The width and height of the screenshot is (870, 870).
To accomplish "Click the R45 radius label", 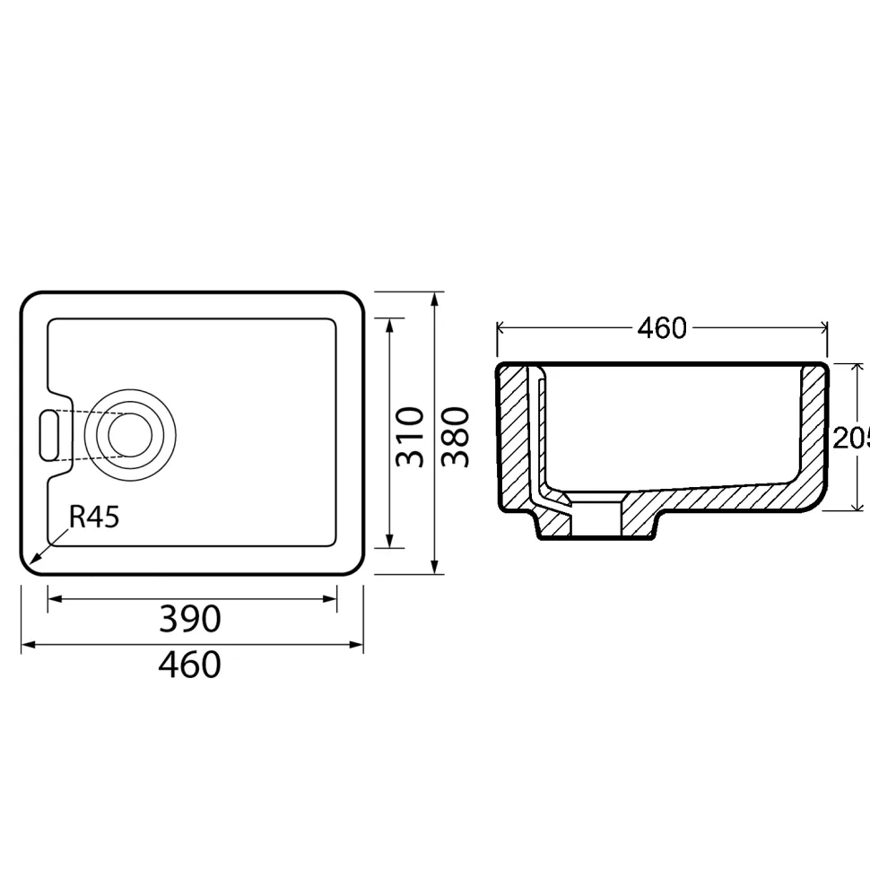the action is click(x=94, y=517).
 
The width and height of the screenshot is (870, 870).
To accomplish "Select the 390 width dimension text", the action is click(x=190, y=619).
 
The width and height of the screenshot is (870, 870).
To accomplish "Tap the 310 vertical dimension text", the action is click(x=410, y=437).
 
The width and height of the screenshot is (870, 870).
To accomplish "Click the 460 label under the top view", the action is click(x=190, y=665).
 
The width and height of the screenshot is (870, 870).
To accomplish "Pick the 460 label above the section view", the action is click(x=662, y=328).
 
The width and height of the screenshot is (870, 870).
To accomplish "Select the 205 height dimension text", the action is click(x=851, y=439).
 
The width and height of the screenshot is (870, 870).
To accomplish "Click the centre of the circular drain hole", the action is click(x=130, y=435).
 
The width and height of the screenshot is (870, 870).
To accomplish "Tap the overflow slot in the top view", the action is click(x=48, y=435).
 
